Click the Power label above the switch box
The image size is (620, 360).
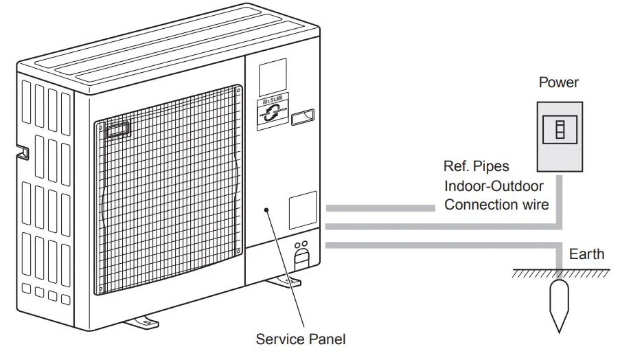[x=558, y=82]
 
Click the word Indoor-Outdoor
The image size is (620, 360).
[x=494, y=185]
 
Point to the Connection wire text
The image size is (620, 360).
[x=496, y=205]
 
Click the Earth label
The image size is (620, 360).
[x=586, y=254]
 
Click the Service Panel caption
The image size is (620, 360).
[x=301, y=339]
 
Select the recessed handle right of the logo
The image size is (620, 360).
[x=304, y=117]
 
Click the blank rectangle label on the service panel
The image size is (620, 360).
[x=302, y=210]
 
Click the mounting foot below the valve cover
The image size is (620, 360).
[x=284, y=280]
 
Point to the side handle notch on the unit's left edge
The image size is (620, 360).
[x=22, y=152]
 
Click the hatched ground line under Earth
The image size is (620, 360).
[x=556, y=273]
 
